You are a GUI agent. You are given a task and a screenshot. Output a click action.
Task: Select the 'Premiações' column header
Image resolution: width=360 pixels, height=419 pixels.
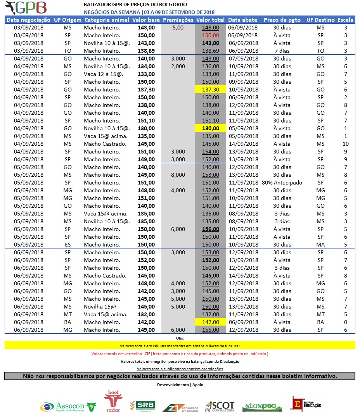click(x=178, y=20)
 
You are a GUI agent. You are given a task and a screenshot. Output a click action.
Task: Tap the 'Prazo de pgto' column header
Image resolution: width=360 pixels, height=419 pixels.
click(x=282, y=20)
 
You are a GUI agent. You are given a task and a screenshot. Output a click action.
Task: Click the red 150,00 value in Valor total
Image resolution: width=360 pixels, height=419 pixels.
click(x=211, y=35)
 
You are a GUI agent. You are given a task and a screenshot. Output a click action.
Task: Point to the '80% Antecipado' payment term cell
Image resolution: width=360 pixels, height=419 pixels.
click(x=282, y=183)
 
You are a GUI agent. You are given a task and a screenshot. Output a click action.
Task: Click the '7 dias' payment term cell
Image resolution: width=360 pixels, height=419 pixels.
click(x=282, y=51)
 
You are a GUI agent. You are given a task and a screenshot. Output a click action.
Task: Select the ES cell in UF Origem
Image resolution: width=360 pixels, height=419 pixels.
click(x=67, y=245)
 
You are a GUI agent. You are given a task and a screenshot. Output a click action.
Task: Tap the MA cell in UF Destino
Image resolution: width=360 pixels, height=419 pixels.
click(x=320, y=245)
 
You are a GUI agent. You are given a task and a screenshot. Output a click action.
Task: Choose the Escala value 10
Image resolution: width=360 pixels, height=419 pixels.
click(x=345, y=144)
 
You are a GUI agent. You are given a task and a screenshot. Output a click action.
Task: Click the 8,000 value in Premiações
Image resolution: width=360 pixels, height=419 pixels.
click(x=178, y=175)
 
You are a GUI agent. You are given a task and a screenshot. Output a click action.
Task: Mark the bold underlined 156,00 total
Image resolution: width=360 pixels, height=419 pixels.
click(x=211, y=229)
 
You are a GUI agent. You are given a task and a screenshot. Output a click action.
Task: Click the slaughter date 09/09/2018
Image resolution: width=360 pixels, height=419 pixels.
click(x=243, y=82)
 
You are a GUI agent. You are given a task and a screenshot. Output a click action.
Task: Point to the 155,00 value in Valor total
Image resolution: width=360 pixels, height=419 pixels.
click(x=211, y=330)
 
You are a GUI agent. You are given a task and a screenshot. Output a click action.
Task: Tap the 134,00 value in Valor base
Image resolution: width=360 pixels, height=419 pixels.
click(x=147, y=66)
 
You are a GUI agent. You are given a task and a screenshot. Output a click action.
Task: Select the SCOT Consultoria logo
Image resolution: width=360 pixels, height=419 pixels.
click(x=220, y=406)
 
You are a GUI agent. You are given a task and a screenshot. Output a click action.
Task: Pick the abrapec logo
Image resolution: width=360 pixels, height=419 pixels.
click(x=262, y=407)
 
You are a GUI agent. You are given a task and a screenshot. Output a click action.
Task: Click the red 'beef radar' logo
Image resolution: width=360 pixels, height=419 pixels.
click(x=112, y=402)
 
